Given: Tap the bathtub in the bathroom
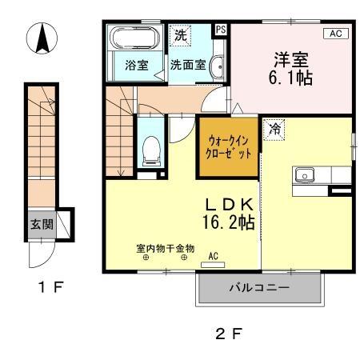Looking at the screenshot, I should click(133, 40).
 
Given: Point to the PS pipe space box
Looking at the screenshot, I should click(221, 30).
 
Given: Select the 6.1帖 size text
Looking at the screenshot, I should click(291, 78).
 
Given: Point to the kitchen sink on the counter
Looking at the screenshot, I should click(304, 174).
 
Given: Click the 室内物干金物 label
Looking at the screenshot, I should click(165, 247).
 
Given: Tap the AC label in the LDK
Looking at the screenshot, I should click(214, 257).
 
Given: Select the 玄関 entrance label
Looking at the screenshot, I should click(42, 225).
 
